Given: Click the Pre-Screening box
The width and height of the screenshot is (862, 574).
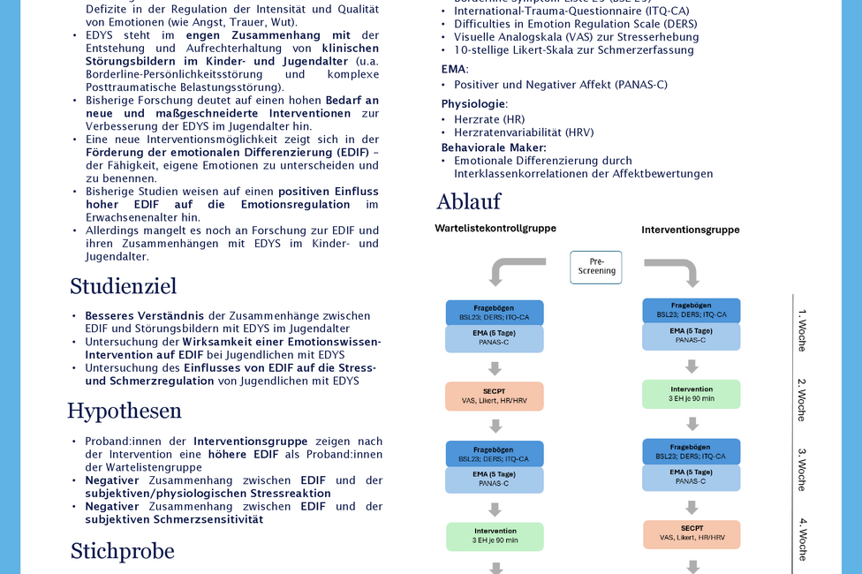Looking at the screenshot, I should (596, 267).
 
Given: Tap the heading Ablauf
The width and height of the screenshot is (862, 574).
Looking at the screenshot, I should (468, 202).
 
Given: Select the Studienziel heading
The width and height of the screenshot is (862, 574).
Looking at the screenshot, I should (123, 286).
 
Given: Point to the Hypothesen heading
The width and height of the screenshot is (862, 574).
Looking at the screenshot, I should (124, 411).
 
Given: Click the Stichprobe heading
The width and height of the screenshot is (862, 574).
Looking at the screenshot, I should (122, 551).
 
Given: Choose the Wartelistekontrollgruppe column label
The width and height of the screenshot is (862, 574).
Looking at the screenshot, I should (495, 228).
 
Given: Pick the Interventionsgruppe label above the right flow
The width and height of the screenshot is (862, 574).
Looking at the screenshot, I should (691, 230).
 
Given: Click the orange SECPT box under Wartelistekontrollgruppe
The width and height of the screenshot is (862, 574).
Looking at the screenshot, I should (495, 396).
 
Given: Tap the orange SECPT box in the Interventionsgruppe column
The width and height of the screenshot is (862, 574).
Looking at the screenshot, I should (692, 533).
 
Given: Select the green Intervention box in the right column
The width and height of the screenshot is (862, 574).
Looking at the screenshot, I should (692, 394).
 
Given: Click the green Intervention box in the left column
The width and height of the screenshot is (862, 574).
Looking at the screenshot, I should (495, 536).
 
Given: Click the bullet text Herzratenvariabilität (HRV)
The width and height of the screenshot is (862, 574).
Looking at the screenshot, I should (524, 132).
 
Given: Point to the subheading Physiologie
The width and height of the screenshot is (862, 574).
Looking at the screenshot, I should (474, 104).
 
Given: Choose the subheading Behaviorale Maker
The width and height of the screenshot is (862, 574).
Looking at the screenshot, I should (494, 147).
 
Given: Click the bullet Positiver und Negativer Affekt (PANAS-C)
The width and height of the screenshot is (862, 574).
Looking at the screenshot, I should (561, 85).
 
